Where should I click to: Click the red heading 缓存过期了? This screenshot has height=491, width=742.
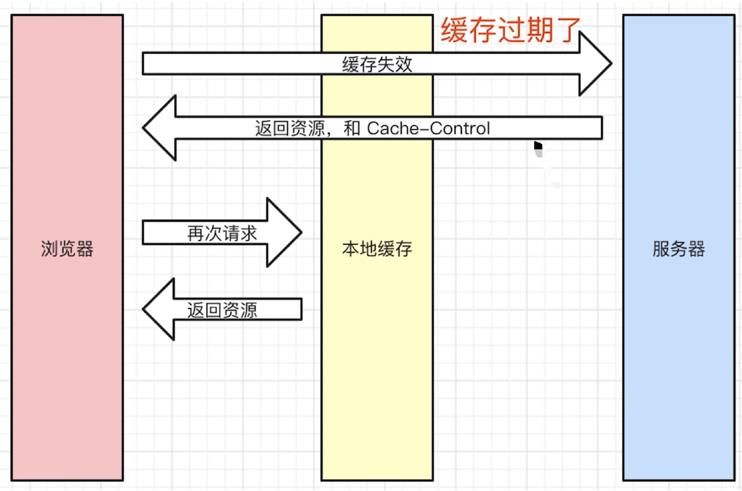point(511,30)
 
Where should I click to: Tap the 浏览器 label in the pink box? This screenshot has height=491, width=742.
point(67,248)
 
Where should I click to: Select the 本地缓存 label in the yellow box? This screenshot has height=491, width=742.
point(377,248)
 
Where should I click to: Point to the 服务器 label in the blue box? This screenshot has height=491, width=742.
point(679,248)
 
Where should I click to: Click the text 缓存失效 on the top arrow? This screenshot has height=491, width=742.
point(377,64)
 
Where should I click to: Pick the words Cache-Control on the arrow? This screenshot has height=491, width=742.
point(428,128)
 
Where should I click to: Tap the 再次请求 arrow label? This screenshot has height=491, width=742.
point(222,233)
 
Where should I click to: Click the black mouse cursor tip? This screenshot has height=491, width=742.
point(535,142)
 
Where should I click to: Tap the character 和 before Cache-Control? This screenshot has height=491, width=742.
point(352,128)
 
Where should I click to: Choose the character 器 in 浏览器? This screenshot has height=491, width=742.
point(85,248)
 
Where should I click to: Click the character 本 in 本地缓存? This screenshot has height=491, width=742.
point(351,248)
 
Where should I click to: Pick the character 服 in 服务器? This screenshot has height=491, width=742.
point(661,248)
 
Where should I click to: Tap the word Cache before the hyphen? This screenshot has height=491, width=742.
point(393,128)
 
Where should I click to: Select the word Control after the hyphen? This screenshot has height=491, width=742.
point(460,128)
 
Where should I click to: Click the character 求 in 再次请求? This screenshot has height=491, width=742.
point(248,233)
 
